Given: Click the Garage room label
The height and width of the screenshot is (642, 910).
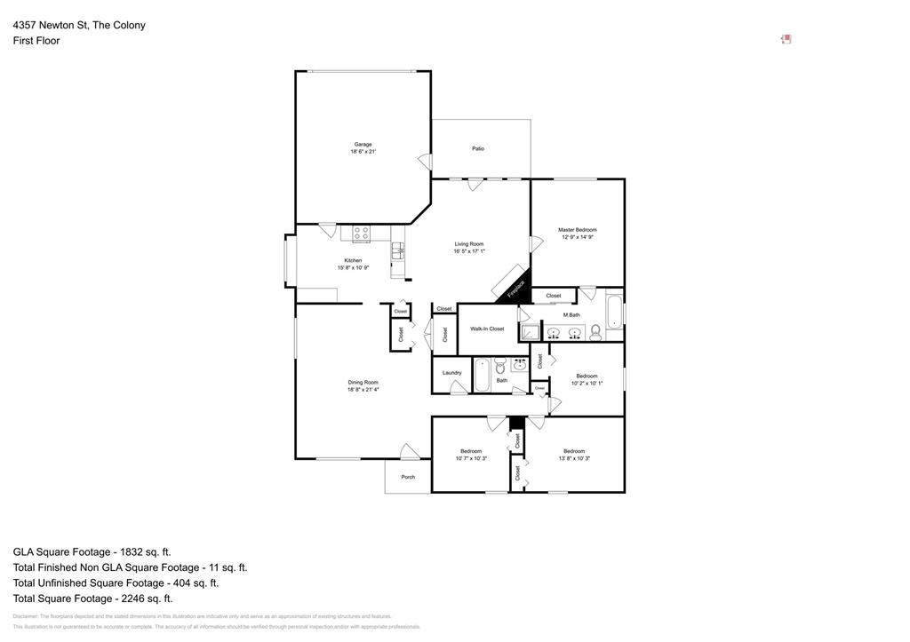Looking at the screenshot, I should pos(363,144).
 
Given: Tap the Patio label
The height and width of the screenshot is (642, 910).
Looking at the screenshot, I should pos(478,148).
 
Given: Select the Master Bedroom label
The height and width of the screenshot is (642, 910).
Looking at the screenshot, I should pos(577,230).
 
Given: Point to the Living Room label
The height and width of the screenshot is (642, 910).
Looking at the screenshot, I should pos(469,244).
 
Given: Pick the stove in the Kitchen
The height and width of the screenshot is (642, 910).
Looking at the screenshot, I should pos(361,234).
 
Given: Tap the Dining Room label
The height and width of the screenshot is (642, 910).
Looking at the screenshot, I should pos(363,382).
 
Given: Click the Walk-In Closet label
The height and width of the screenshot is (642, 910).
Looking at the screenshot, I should pos(487,329).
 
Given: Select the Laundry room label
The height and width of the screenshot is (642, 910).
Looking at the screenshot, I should pos(451,372).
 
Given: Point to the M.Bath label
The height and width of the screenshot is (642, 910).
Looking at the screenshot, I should pos(571,315).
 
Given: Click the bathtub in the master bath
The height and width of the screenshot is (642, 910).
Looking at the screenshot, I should pos(614,313).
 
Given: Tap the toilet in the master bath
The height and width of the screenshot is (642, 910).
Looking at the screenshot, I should pos(595,333).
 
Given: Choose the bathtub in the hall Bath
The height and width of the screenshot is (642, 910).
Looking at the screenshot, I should pos(481,374).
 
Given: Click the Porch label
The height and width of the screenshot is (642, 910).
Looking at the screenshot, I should pos(408,477).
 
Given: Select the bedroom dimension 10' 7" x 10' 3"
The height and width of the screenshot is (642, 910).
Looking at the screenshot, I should pos(471,458).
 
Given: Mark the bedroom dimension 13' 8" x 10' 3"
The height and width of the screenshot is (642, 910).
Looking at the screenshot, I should pos(574,458).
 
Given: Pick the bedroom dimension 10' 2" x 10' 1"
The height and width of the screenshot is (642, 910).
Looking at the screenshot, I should pos(587,384).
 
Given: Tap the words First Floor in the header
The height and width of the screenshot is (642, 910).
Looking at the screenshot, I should pos(36,41).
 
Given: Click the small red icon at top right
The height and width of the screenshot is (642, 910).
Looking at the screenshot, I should pos(786,39).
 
